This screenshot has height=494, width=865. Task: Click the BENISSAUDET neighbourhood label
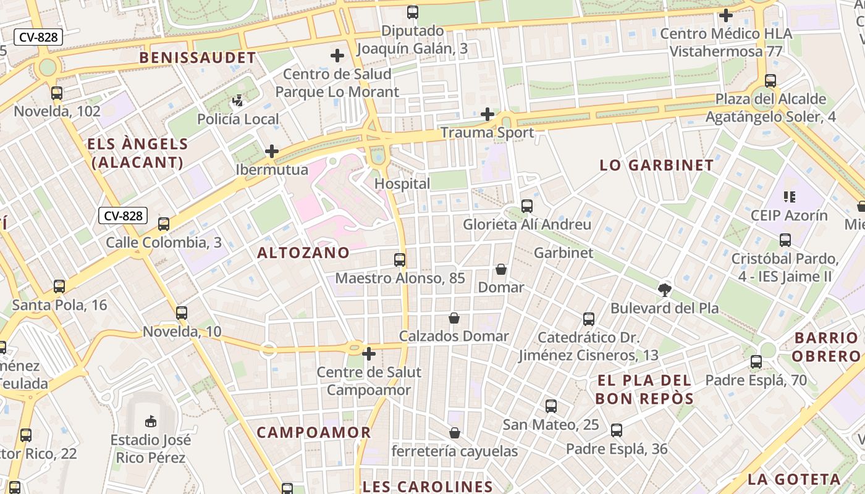(197, 58)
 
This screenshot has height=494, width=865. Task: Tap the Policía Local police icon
(238, 101)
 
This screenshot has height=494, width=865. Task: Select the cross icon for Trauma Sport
(487, 114)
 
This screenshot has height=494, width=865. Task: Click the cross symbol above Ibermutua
(272, 151)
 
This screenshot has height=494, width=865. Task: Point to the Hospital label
(402, 184)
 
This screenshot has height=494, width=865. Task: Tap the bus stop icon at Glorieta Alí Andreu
(527, 206)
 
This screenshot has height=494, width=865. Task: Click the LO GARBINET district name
(657, 165)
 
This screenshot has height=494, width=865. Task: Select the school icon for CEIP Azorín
(789, 197)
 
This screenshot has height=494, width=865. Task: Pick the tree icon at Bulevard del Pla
(665, 289)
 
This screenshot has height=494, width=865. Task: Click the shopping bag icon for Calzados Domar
(454, 318)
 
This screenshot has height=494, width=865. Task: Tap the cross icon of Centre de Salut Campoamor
(369, 354)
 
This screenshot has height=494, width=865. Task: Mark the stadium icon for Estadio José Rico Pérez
(150, 422)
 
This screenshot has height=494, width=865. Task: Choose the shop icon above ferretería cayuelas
(455, 433)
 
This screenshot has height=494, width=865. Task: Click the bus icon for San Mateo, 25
(551, 406)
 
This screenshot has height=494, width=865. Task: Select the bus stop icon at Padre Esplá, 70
(756, 362)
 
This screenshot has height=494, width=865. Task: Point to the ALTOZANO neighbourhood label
(303, 253)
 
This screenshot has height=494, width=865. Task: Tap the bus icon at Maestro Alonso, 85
(400, 260)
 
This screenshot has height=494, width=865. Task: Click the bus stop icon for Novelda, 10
(182, 313)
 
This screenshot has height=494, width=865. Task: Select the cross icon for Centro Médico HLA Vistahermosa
(726, 15)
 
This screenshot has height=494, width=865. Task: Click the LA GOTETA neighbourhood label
(794, 479)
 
